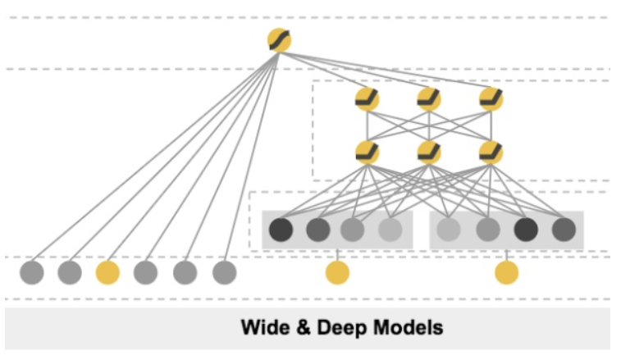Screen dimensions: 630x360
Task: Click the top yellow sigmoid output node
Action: click(x=279, y=40)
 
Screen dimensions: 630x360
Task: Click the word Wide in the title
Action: click(x=265, y=327)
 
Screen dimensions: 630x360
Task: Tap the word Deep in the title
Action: click(x=341, y=328)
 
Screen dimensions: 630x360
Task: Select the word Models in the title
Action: click(x=409, y=327)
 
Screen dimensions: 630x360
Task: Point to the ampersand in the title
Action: click(x=304, y=327)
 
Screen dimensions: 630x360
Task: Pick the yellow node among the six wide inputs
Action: click(x=107, y=272)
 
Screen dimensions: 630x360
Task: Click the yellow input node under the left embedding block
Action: click(x=337, y=272)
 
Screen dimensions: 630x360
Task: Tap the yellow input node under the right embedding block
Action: click(x=507, y=272)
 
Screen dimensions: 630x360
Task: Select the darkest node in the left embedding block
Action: click(x=281, y=230)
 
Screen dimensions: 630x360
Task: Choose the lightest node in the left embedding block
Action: click(x=390, y=230)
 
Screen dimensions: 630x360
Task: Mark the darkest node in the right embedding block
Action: click(x=526, y=230)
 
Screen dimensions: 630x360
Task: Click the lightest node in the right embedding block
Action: click(x=449, y=230)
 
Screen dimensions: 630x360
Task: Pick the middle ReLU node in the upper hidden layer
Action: click(x=429, y=99)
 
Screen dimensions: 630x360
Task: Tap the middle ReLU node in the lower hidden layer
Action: click(x=429, y=153)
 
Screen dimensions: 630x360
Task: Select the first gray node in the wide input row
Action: click(x=32, y=272)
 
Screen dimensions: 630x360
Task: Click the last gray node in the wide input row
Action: click(x=224, y=272)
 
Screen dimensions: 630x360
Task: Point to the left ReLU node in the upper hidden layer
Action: click(x=367, y=99)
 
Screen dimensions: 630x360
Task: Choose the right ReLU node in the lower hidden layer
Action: click(x=491, y=153)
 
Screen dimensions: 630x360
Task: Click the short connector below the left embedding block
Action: click(x=337, y=255)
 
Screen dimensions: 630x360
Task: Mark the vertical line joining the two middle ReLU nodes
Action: click(x=429, y=126)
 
